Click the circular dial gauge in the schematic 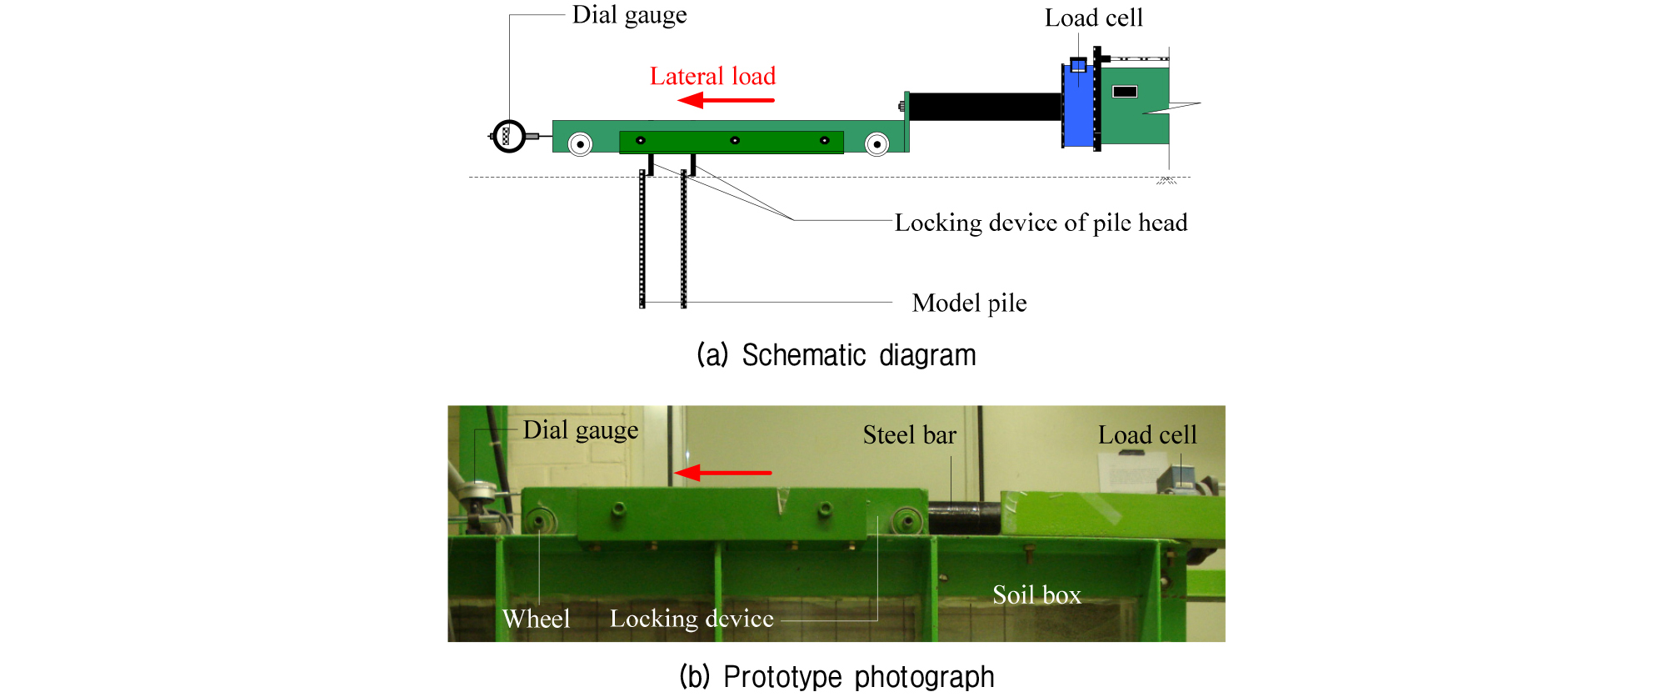coord(509,136)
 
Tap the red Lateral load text coord(712,77)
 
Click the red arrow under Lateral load coord(726,101)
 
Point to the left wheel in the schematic coord(580,144)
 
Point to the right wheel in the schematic coord(876,144)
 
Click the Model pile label coord(969,303)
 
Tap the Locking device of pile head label coord(1041,223)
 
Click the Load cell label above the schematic coord(1093,18)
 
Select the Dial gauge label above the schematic coord(629,15)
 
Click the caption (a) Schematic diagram coord(836,355)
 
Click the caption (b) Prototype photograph coord(836,676)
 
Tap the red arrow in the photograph coord(722,473)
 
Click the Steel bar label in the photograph coord(909,435)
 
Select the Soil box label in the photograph coord(1036,594)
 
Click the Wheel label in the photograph coord(536,619)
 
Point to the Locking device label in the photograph coord(692,619)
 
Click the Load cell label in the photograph coord(1147,434)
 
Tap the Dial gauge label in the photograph coord(581,430)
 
